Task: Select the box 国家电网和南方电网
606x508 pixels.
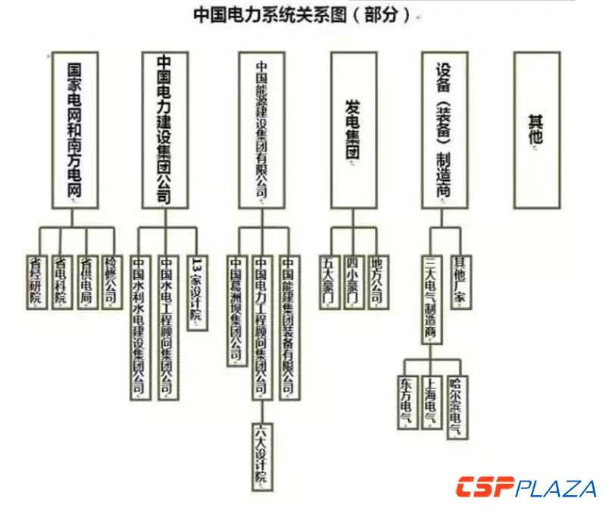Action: (73, 129)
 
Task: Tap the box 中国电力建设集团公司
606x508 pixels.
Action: (163, 129)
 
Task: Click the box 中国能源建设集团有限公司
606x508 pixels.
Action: (262, 129)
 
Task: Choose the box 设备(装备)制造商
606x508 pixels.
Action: (444, 129)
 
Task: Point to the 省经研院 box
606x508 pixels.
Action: (34, 280)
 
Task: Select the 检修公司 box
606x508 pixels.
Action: (110, 280)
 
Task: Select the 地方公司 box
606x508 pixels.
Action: (376, 280)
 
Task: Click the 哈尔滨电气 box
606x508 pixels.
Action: (456, 407)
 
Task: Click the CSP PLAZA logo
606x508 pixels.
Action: (526, 487)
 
